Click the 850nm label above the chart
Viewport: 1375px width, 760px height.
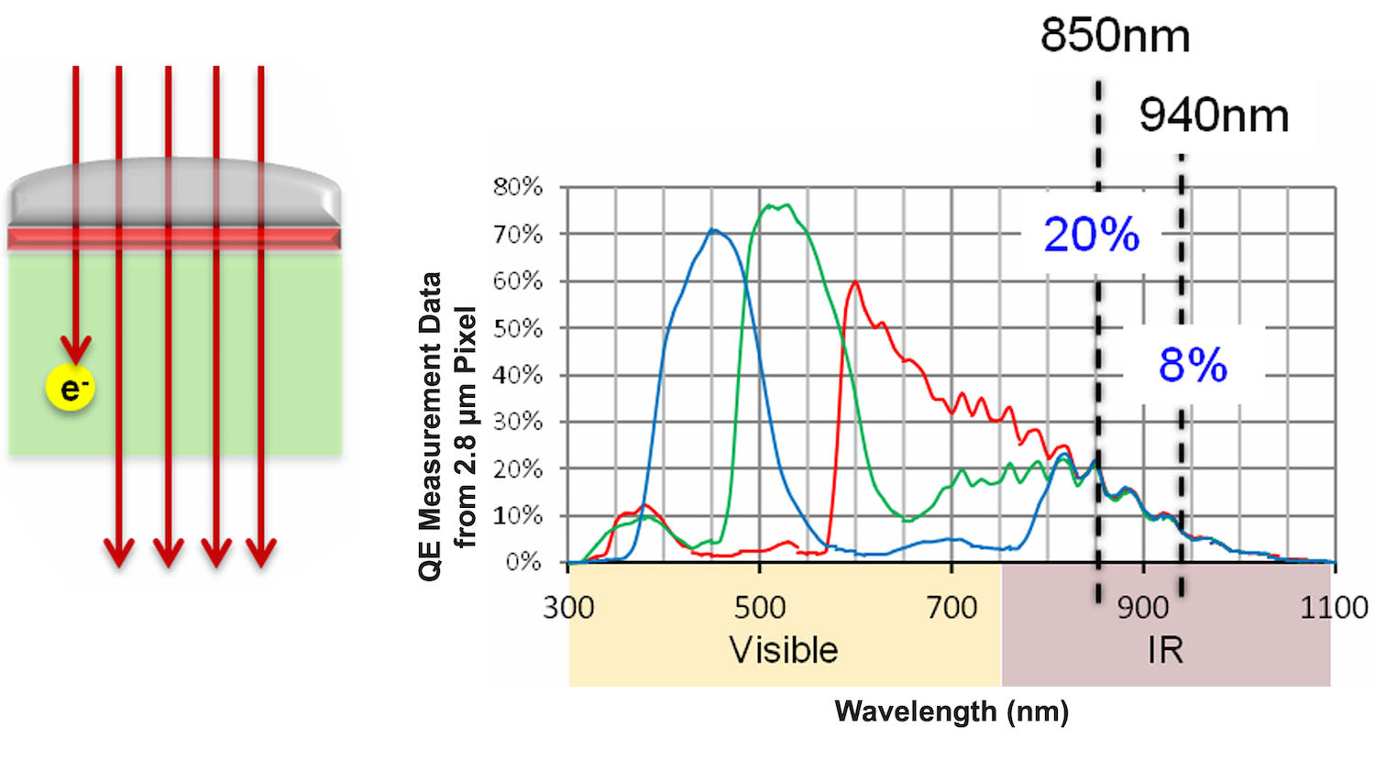coord(1115,37)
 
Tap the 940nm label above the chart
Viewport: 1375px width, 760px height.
coord(1214,116)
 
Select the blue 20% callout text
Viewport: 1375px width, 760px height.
coord(1091,236)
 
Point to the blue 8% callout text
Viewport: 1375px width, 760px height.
coord(1193,366)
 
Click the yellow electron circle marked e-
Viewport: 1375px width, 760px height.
coord(71,390)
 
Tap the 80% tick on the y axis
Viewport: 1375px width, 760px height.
coord(518,188)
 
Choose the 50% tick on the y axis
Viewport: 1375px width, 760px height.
coord(518,328)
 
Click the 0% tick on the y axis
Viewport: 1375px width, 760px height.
coord(524,562)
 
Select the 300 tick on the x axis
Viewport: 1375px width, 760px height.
coord(568,608)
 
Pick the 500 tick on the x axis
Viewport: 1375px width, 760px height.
coord(760,608)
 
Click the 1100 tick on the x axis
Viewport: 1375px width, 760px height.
coord(1334,608)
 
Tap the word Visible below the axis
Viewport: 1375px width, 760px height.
coord(784,650)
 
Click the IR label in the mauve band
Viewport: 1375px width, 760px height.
coord(1165,650)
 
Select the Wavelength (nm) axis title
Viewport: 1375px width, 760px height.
coord(951,711)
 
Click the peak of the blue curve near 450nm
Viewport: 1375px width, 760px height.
coord(712,230)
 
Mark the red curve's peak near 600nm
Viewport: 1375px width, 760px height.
coord(855,282)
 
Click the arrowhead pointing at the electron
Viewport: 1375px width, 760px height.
coord(76,349)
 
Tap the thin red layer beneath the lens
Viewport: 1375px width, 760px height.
coord(174,239)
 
